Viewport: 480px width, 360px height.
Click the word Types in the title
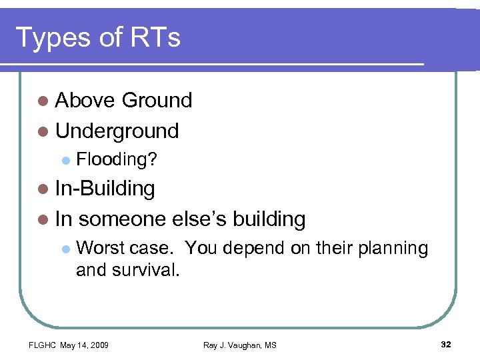[53, 38]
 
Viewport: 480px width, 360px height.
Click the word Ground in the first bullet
[157, 101]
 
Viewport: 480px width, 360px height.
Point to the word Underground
[117, 131]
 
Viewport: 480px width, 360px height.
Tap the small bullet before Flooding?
[65, 160]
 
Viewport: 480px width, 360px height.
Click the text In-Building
[105, 189]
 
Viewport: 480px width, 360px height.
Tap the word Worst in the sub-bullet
[100, 248]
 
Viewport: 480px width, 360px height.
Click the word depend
[259, 248]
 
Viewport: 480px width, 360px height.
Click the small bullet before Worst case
[65, 249]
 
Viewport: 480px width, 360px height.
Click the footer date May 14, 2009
[85, 345]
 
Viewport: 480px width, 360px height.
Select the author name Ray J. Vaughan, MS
[240, 345]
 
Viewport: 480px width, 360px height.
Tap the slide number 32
[446, 344]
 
